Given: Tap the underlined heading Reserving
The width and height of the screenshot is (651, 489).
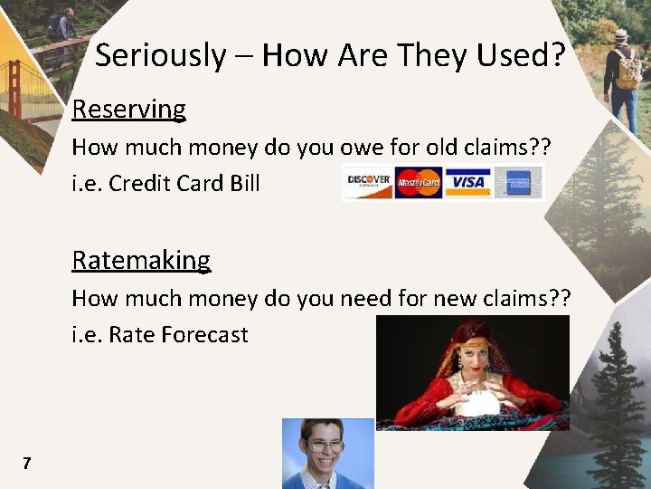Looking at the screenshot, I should [129, 110].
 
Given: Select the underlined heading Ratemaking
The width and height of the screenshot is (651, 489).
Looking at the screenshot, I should [141, 261].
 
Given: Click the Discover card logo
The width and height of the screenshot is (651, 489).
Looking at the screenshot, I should [368, 182].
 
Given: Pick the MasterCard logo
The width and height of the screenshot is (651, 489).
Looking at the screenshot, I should [418, 182].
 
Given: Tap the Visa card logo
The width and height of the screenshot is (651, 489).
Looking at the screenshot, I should [467, 182].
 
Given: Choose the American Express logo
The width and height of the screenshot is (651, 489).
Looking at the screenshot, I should [518, 182].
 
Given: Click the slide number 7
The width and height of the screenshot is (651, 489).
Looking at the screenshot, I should [27, 464].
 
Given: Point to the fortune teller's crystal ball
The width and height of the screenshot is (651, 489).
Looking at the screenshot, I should [476, 399].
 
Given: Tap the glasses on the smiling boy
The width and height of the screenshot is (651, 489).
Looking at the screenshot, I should [325, 446].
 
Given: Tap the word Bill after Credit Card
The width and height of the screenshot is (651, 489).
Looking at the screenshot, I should [245, 184].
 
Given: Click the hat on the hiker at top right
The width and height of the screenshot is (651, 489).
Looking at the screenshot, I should [620, 34].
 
